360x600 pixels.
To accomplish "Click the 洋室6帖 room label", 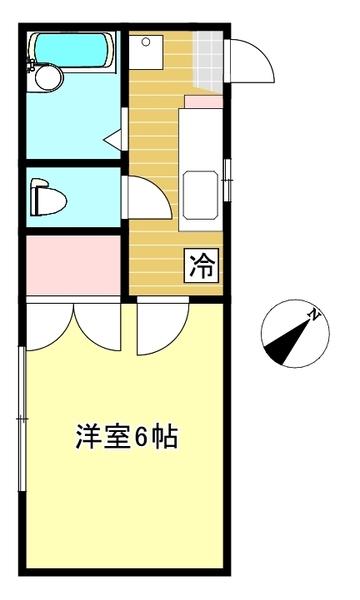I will (127, 437).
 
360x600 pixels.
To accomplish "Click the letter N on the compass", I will (314, 316).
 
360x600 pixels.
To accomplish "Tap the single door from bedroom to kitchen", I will (160, 325).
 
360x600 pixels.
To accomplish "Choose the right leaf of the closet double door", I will (98, 325).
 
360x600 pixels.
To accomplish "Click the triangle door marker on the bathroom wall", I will (119, 136).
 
